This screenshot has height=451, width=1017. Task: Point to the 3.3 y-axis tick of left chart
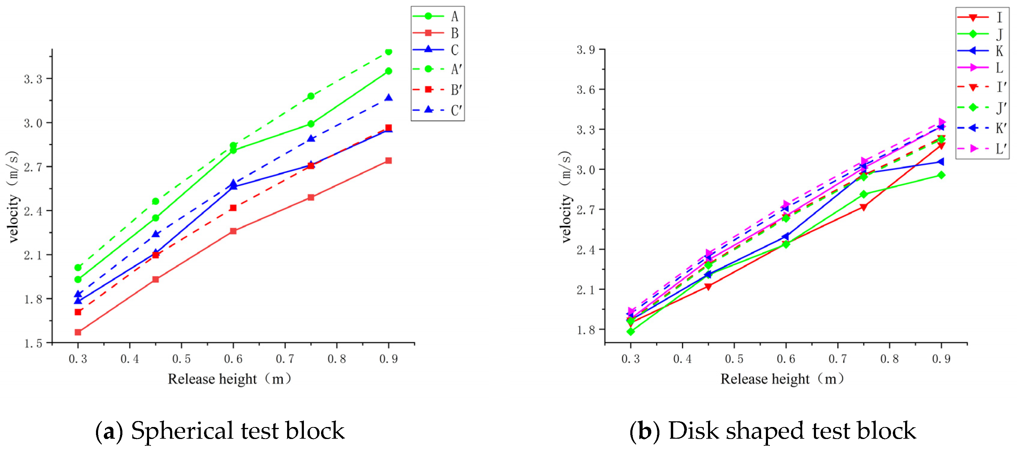click(x=33, y=79)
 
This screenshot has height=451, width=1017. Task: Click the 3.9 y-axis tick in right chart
click(x=586, y=50)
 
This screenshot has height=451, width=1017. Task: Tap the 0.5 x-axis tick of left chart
click(x=181, y=359)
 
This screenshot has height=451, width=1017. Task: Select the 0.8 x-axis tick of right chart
click(x=889, y=359)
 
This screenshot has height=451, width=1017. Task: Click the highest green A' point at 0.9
click(x=388, y=52)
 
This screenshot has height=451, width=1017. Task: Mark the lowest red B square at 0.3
click(x=78, y=332)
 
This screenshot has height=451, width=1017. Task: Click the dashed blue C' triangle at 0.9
click(x=388, y=98)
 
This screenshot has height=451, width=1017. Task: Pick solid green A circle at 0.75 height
click(x=311, y=124)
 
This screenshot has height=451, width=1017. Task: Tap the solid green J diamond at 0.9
click(x=941, y=175)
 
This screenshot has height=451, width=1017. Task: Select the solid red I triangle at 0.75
click(x=863, y=207)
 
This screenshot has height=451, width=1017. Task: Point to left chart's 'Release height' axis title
click(x=212, y=379)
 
